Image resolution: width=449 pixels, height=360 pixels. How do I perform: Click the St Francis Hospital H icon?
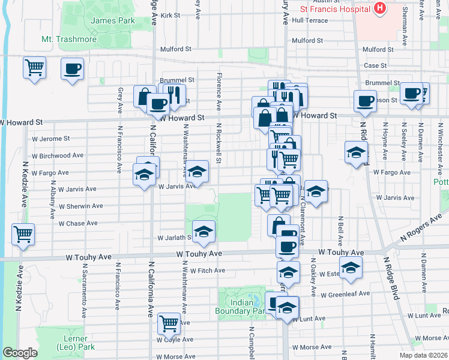coord(379,8)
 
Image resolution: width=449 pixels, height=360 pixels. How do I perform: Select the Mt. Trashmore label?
coord(68,40)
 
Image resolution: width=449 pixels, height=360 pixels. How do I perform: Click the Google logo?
coord(19,353)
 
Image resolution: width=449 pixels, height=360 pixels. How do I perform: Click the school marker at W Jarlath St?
coord(203,231)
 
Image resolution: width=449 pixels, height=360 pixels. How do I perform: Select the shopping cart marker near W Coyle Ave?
coord(169,323)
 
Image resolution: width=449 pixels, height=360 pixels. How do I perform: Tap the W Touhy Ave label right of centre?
coord(341,253)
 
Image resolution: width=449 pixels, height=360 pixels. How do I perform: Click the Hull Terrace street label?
coord(310,20)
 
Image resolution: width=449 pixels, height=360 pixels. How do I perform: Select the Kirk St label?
coord(170,15)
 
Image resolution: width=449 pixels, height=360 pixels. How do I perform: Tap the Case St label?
coord(375,65)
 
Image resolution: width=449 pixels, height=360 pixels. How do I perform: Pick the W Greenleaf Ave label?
coord(345,295)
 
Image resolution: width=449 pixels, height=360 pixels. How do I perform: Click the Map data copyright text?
coord(424,355)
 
